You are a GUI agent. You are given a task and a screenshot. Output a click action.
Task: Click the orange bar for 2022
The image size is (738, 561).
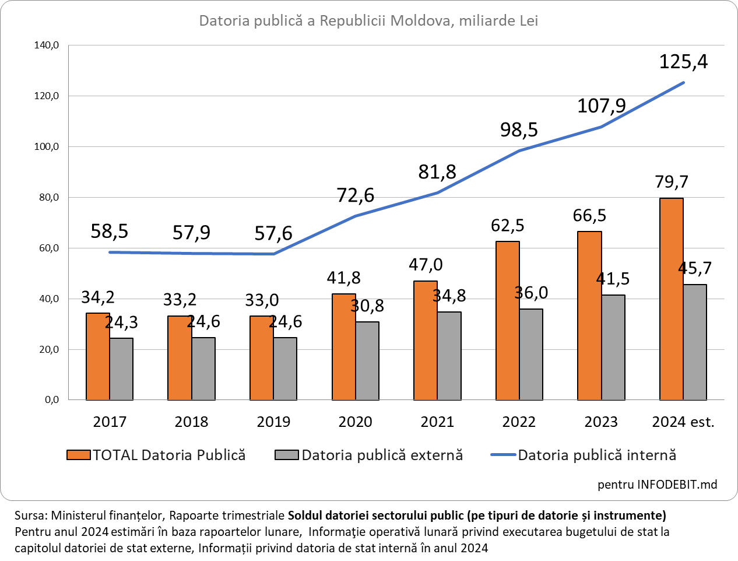(507, 321)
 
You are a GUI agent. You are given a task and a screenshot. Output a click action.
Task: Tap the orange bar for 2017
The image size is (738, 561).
(98, 356)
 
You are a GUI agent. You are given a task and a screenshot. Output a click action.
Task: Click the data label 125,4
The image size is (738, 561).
(683, 61)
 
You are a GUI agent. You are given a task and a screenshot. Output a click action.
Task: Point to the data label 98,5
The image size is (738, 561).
(519, 129)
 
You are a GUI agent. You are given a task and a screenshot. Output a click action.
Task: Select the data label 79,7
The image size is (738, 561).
(672, 182)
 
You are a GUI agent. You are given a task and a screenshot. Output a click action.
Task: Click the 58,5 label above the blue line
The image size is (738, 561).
(110, 232)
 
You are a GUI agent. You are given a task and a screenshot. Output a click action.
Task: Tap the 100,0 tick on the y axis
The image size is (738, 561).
(47, 146)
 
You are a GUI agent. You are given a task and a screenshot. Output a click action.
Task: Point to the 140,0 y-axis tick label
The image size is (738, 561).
(47, 45)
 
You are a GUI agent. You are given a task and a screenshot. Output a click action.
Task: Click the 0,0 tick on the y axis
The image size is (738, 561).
(51, 400)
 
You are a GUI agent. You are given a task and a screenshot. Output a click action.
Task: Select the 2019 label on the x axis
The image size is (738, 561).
(273, 422)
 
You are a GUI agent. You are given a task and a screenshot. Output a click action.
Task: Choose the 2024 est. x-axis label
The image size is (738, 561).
(683, 422)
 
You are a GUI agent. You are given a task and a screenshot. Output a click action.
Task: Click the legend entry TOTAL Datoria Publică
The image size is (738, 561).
(169, 455)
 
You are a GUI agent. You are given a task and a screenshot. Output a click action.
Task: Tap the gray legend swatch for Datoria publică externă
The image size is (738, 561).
(286, 455)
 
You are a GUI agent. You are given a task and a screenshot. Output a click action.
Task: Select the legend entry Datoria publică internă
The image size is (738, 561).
(597, 455)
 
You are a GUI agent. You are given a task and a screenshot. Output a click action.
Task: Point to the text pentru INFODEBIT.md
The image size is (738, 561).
(657, 485)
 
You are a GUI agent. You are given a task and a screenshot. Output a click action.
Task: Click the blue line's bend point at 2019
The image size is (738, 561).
(273, 254)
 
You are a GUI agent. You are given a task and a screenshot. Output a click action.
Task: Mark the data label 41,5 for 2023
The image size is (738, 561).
(613, 278)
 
